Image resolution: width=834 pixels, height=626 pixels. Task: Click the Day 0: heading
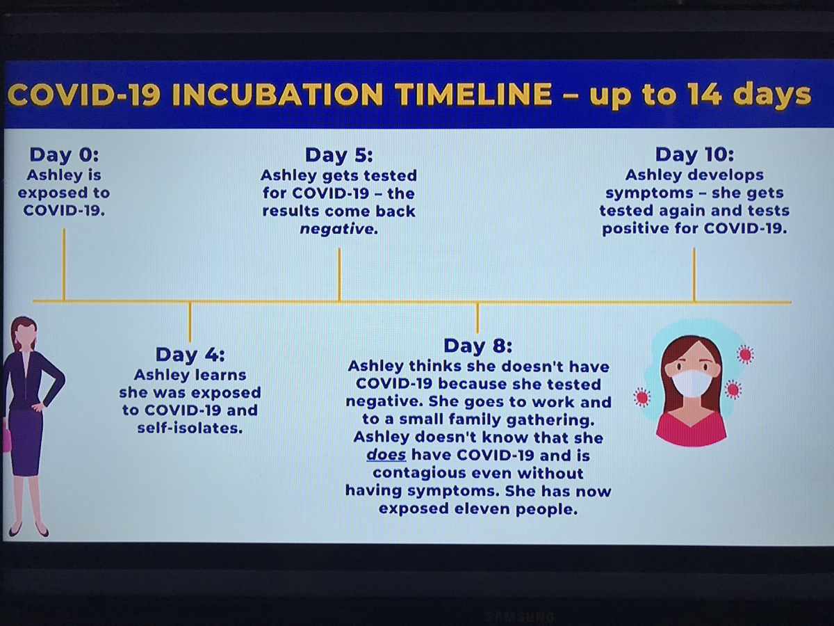pos(64,154)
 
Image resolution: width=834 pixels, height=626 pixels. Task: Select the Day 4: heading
pos(190,355)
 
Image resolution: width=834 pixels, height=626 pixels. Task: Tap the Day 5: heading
pos(339,155)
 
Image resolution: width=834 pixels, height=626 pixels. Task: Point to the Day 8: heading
pos(477,346)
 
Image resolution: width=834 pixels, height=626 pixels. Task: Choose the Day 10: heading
pos(694,154)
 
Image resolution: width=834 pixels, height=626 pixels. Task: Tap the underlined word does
pos(386,455)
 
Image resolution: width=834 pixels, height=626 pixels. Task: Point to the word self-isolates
pos(190,428)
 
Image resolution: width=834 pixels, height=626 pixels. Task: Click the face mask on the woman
pos(691,384)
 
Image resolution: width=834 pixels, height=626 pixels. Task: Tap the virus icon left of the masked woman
pos(641,397)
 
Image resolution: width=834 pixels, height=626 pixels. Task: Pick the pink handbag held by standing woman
pos(7,435)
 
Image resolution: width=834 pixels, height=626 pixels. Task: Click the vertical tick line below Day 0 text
pos(64,264)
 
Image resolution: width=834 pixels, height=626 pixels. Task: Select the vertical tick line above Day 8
pos(477,318)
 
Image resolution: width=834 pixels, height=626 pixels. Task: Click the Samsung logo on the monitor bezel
pos(519,616)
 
